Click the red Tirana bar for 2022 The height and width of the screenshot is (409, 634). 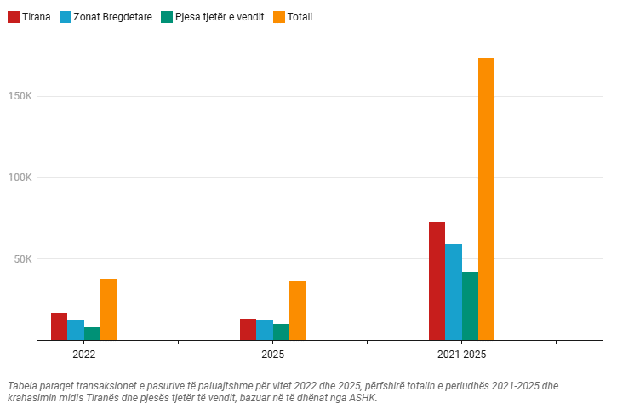[59, 327]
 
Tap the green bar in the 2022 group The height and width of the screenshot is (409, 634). [92, 333]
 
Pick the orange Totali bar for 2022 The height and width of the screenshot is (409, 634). [109, 310]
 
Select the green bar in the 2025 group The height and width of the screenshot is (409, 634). [281, 332]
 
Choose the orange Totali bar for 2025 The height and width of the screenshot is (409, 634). [297, 310]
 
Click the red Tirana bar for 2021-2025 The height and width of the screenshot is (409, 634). [437, 281]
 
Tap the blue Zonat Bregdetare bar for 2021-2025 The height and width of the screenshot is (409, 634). [454, 292]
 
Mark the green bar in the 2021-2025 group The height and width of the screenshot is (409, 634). [470, 306]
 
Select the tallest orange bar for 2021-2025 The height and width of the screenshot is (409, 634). [486, 199]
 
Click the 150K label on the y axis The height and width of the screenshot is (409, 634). [19, 96]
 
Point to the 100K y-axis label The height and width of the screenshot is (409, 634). [19, 178]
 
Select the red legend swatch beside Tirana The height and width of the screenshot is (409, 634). [14, 16]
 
